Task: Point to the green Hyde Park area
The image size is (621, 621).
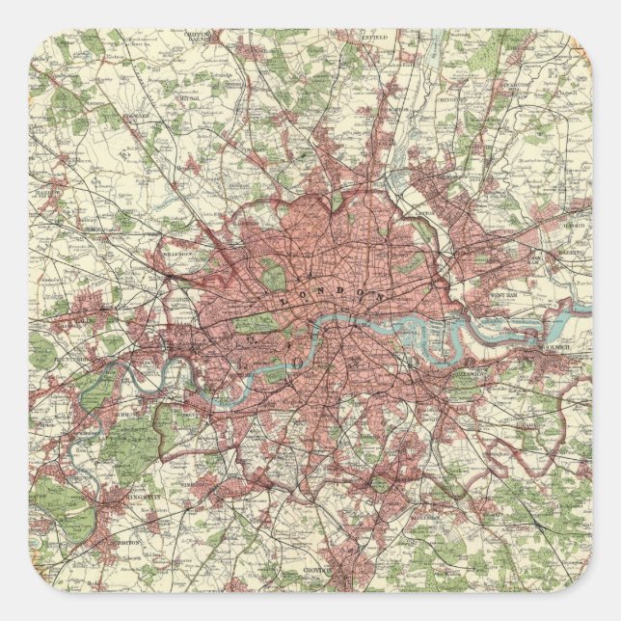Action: click(256, 323)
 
